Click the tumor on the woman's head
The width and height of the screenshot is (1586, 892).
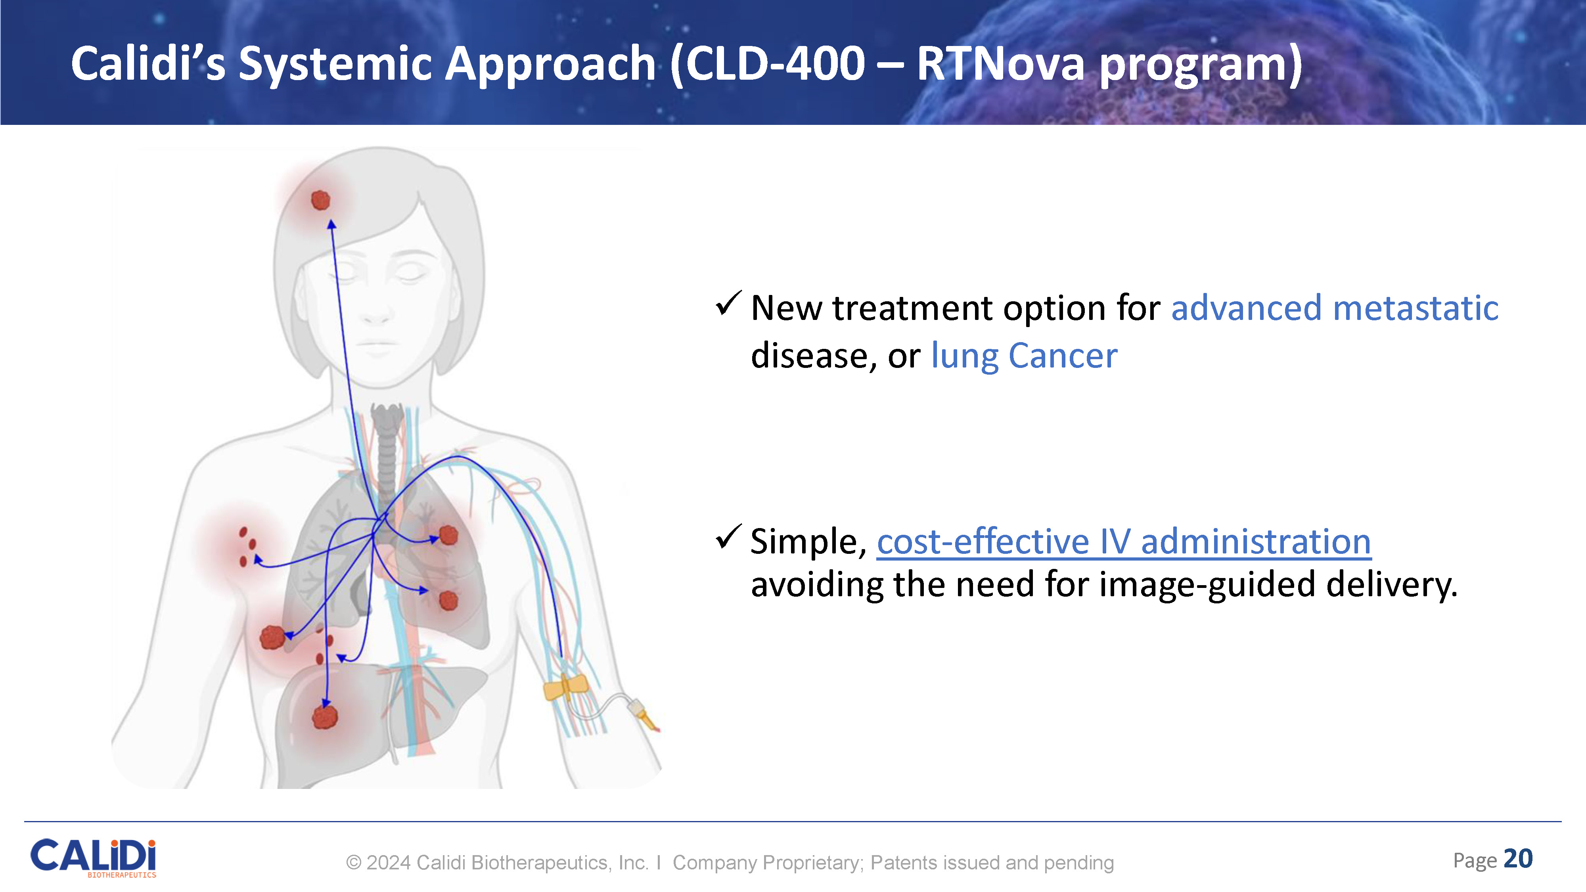coord(320,200)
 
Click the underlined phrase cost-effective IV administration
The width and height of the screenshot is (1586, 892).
coord(1124,542)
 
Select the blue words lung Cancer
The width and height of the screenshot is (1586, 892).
coord(1024,356)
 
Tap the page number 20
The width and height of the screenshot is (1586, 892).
coord(1518,859)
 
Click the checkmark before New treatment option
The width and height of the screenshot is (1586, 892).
coord(728,304)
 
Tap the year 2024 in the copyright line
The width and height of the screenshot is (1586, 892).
coord(389,862)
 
